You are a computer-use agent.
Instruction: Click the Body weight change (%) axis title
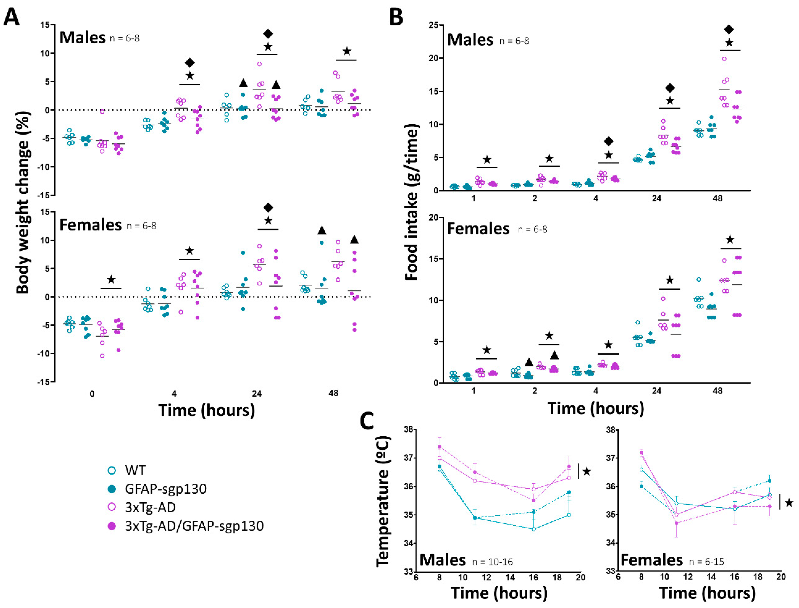[22, 203]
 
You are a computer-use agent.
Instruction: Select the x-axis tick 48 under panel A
[333, 393]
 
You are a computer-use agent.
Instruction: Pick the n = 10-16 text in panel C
[492, 562]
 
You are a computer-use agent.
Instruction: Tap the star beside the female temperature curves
[789, 503]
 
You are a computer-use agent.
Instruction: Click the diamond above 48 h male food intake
[729, 30]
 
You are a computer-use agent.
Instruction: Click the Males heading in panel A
[82, 38]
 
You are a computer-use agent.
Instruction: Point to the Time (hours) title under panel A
[206, 410]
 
